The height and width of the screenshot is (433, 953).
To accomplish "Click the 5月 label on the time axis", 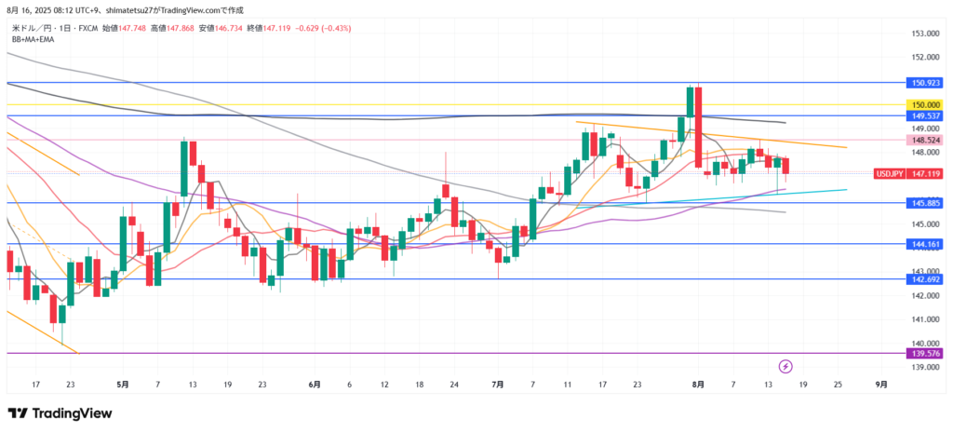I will tap(123, 384).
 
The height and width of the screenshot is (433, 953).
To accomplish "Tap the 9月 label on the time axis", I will tap(880, 384).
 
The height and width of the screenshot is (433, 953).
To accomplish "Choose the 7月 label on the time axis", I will tap(498, 384).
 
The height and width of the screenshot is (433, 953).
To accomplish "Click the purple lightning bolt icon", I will tap(785, 366).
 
